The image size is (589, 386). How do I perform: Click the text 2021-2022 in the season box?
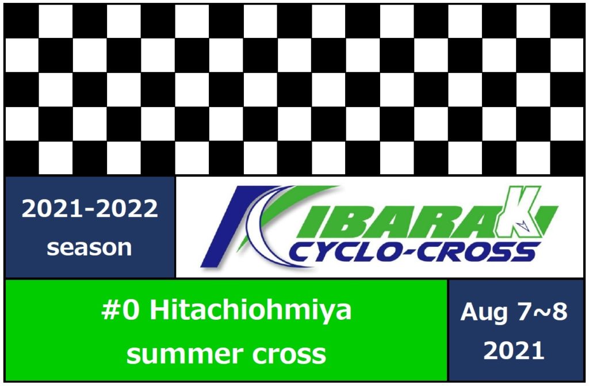click(x=90, y=209)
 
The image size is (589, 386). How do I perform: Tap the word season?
click(x=89, y=248)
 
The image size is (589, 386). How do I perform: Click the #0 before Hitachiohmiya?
click(x=121, y=310)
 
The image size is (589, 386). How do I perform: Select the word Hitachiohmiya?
click(x=251, y=311)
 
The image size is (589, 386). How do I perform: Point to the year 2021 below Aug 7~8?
click(x=514, y=351)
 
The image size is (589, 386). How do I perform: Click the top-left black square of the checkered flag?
click(x=21, y=21)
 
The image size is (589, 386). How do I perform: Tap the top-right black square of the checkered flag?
click(x=567, y=21)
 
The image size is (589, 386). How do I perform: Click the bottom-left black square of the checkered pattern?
click(x=21, y=158)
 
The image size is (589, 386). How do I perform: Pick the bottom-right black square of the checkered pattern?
click(x=567, y=158)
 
